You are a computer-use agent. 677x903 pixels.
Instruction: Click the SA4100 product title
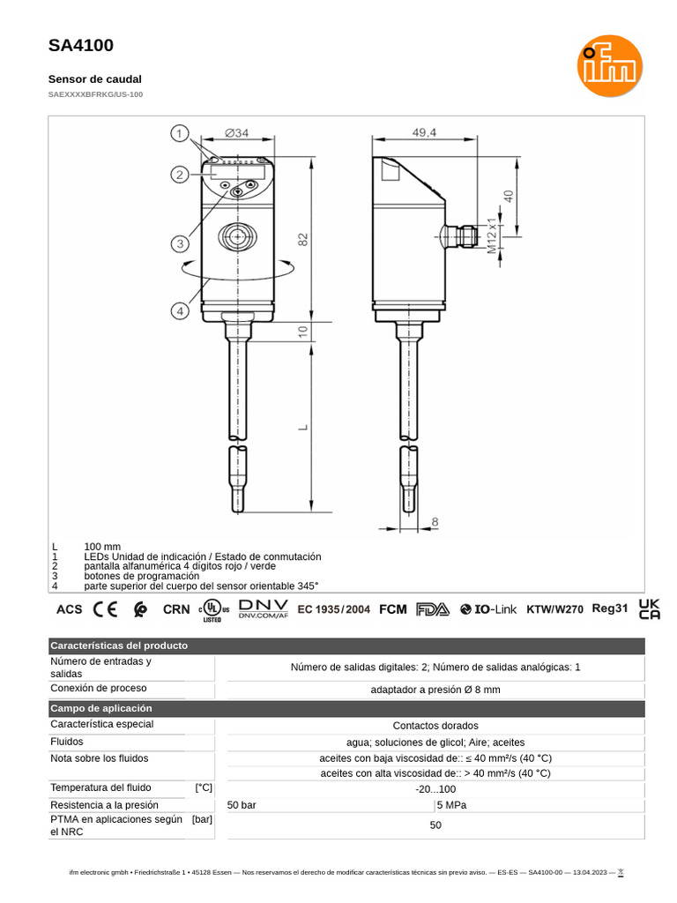[x=80, y=46]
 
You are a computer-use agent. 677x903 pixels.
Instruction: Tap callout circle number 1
[x=180, y=134]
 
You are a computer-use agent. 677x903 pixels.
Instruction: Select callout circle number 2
[x=180, y=175]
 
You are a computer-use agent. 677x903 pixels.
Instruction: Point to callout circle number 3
[x=180, y=243]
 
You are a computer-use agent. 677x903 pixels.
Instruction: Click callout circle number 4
[x=180, y=310]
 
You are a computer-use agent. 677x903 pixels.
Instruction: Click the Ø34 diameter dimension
[x=236, y=133]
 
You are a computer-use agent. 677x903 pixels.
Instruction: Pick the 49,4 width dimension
[x=423, y=133]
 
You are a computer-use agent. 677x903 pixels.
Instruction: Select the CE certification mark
[x=106, y=608]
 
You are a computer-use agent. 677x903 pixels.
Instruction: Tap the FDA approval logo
[x=433, y=608]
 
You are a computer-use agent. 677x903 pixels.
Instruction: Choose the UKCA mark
[x=649, y=608]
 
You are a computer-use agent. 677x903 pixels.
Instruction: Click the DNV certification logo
[x=264, y=608]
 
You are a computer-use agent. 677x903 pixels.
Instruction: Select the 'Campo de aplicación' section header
[x=101, y=708]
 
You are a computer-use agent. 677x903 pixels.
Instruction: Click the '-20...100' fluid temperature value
[x=435, y=789]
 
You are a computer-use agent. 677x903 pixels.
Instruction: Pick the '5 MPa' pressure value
[x=450, y=805]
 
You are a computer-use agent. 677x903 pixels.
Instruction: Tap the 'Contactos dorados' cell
[x=435, y=725]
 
